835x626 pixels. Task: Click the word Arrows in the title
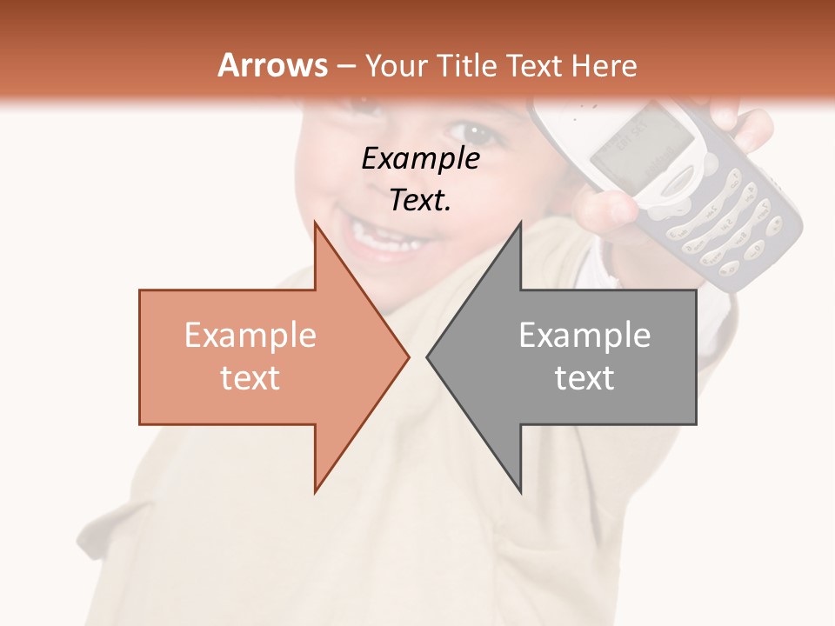(273, 65)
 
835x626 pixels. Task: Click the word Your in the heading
(397, 66)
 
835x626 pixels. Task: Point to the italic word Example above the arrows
(420, 159)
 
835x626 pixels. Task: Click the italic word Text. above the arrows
(420, 200)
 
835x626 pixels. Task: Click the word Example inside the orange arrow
(250, 336)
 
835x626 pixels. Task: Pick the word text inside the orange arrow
(250, 378)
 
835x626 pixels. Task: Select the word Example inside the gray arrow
(584, 336)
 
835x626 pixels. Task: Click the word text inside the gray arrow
(584, 378)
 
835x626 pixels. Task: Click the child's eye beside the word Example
(474, 132)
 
